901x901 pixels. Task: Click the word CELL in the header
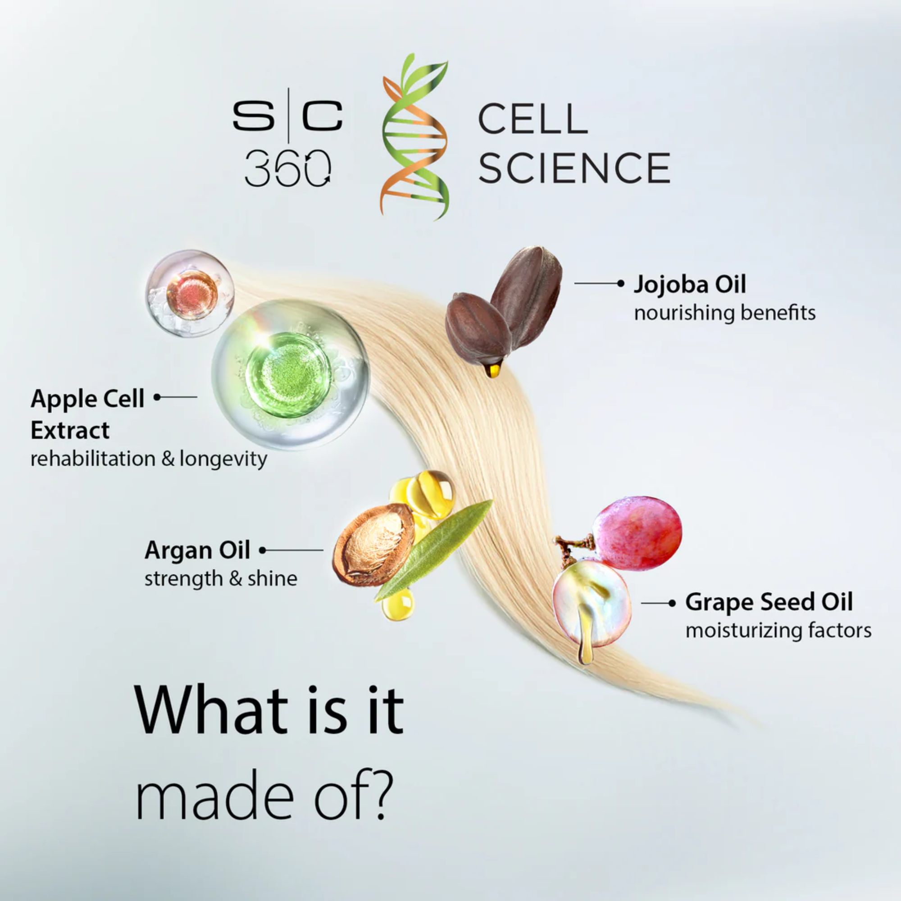(x=532, y=119)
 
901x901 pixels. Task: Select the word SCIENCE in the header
(x=574, y=168)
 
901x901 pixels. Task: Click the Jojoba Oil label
(x=690, y=284)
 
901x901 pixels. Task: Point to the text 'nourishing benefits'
(x=725, y=313)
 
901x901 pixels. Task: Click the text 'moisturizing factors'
(x=778, y=631)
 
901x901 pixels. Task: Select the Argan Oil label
(x=197, y=551)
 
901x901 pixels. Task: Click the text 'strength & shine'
(x=221, y=579)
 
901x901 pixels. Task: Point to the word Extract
(x=70, y=430)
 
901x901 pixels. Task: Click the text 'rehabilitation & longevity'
(x=149, y=459)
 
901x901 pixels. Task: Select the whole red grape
(x=637, y=532)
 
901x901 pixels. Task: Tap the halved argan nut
(x=373, y=544)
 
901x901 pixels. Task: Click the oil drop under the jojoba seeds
(x=492, y=370)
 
